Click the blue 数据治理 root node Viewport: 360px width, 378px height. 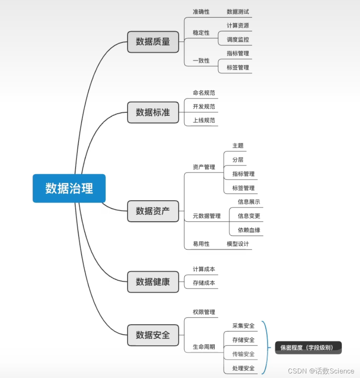pos(69,188)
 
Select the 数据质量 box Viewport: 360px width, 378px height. pos(153,42)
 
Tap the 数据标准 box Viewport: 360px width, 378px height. pos(153,112)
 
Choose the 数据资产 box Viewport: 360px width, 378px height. pos(153,211)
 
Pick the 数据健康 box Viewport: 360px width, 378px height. pos(153,282)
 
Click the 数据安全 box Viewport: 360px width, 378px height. pos(153,335)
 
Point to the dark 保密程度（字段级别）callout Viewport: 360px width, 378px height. pos(308,348)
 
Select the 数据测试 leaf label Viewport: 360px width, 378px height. pos(238,12)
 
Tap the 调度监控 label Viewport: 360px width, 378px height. pos(238,40)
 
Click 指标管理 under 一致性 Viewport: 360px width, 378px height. pos(238,54)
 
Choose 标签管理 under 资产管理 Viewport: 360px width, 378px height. pos(243,188)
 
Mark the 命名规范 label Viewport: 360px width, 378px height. pos(204,93)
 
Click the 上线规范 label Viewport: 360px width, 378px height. pos(204,120)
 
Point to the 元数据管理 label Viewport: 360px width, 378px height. pos(207,216)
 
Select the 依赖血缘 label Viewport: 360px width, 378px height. pos(249,230)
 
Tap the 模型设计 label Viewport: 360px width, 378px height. pos(238,244)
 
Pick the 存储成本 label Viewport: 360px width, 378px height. pos(204,283)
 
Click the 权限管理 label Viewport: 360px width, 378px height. pos(204,312)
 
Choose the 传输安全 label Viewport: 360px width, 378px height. pos(243,354)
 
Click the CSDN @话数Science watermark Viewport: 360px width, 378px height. pos(321,371)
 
